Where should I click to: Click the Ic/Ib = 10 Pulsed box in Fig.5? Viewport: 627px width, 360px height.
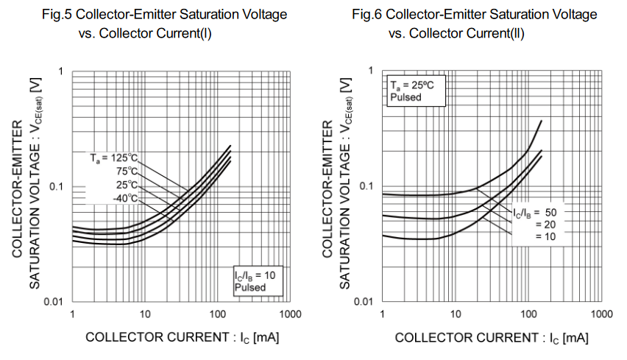click(254, 281)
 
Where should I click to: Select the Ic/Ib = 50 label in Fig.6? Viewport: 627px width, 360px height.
click(534, 213)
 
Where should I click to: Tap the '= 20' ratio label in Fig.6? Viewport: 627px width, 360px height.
click(545, 225)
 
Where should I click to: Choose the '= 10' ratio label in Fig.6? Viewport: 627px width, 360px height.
click(545, 236)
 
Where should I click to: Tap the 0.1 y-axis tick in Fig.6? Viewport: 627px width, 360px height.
click(365, 186)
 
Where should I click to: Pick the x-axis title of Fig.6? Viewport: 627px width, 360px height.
click(492, 338)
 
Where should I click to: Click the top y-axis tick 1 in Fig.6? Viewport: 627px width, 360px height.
click(370, 71)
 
